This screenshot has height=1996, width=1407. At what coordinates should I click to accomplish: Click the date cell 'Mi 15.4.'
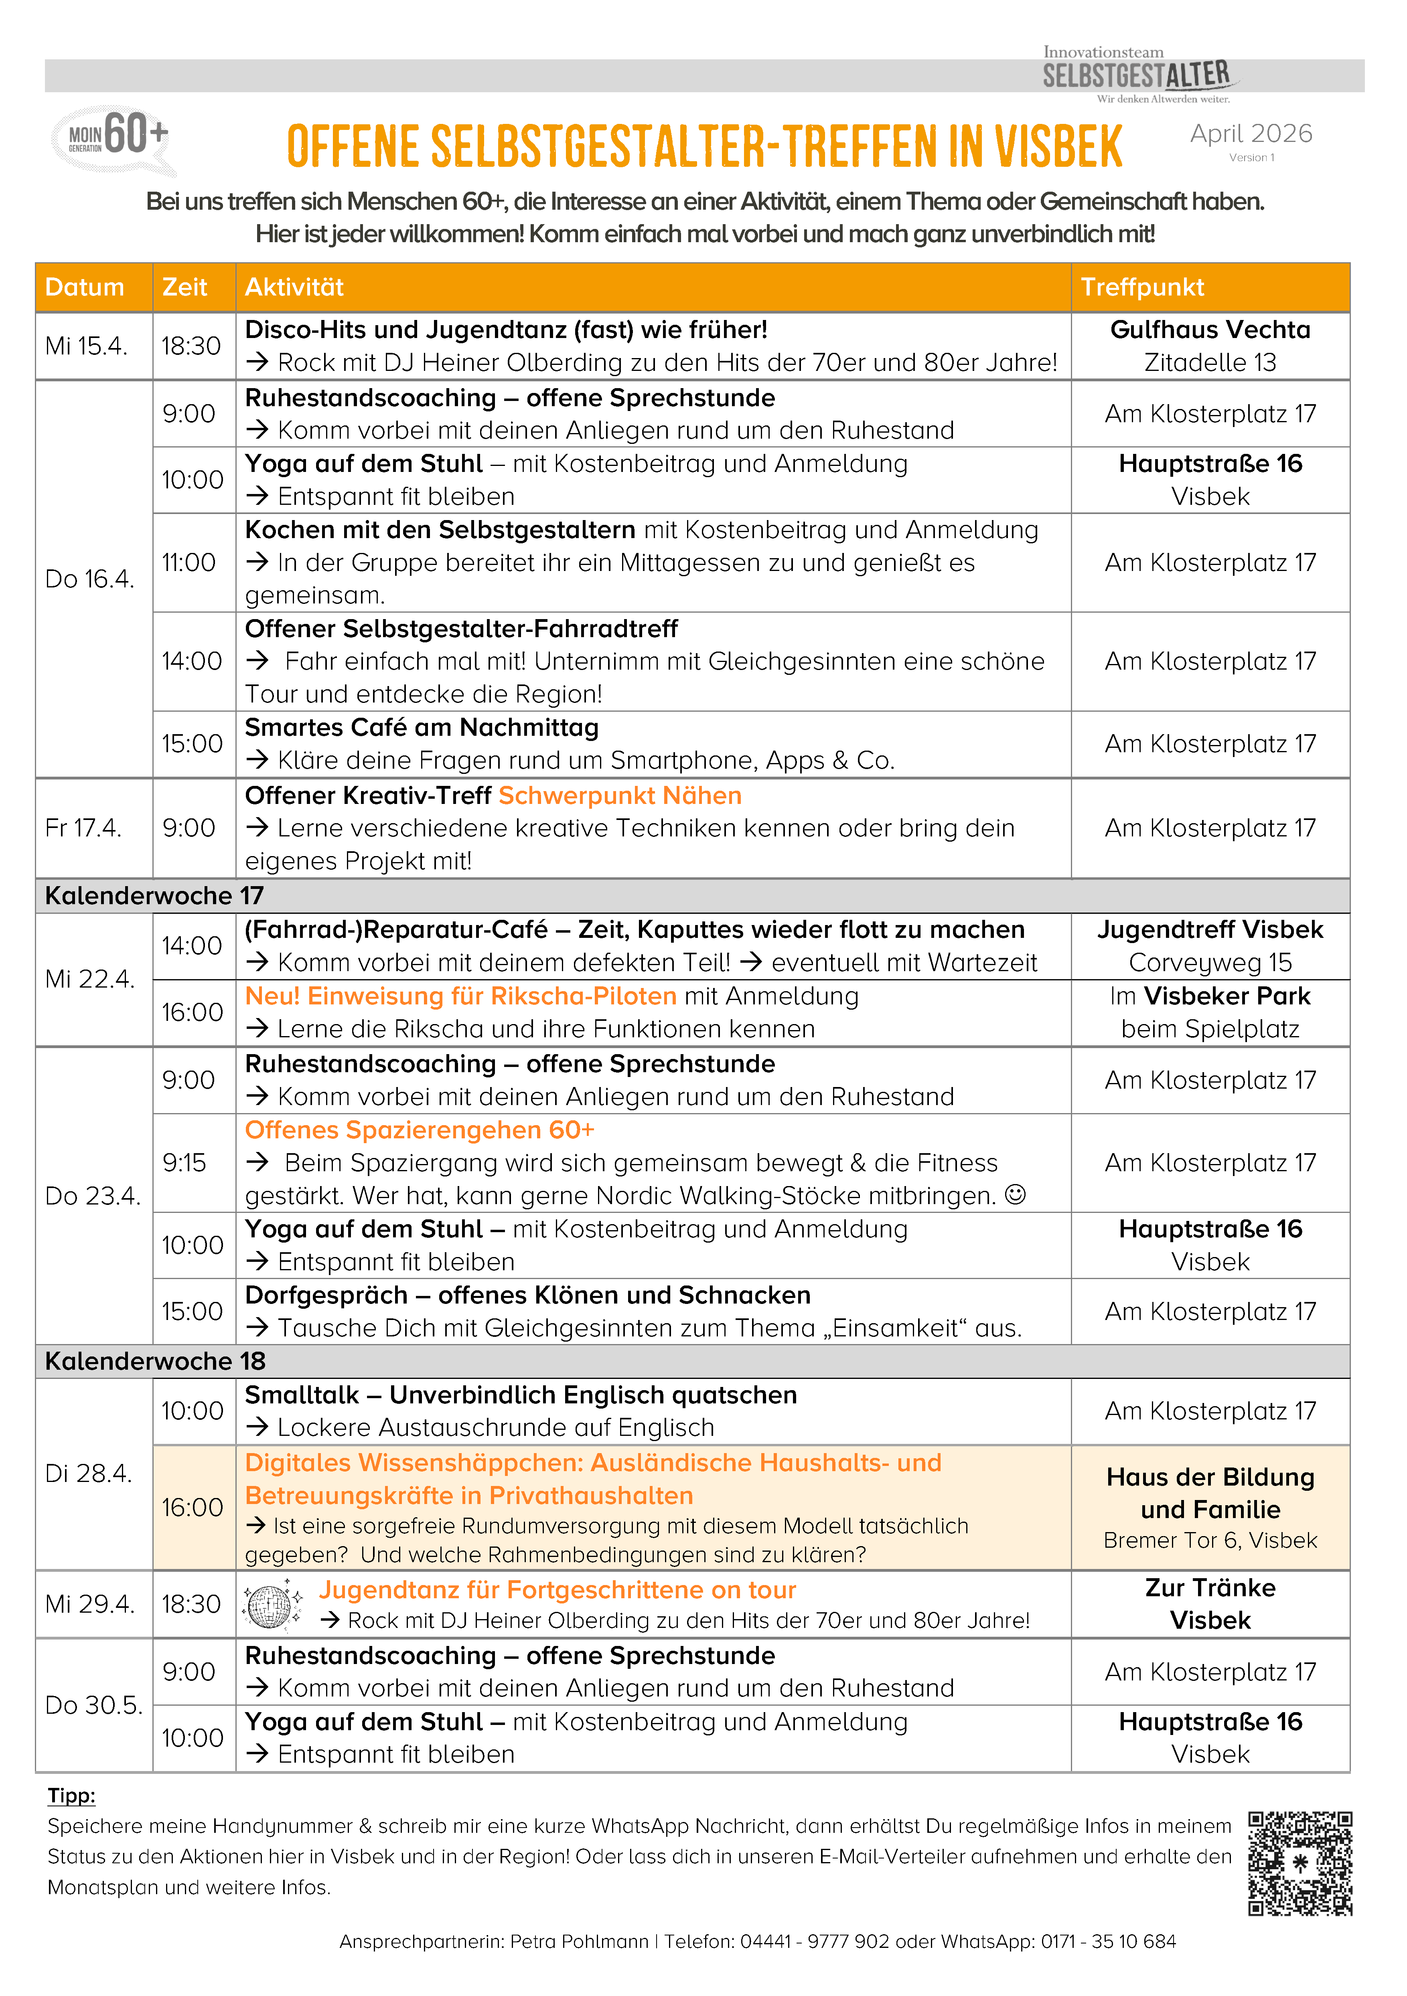coord(86,346)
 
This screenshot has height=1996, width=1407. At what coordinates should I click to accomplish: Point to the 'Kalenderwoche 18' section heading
coord(155,1360)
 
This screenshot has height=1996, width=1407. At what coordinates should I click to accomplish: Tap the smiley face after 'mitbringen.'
coord(1015,1195)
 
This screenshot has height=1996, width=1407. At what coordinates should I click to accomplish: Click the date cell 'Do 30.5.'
coord(93,1705)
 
